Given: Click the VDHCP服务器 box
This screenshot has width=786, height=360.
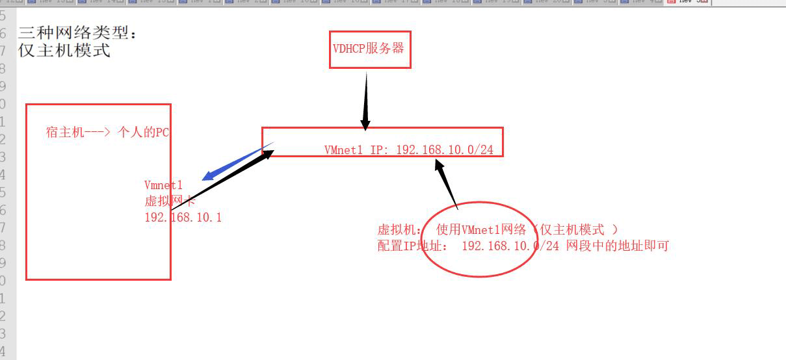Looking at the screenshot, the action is click(x=370, y=49).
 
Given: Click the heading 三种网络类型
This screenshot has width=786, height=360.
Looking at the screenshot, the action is click(x=77, y=32).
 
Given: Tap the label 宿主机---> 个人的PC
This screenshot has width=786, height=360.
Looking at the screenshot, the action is click(x=108, y=132).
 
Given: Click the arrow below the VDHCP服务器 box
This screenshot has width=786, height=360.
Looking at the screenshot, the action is click(x=366, y=101).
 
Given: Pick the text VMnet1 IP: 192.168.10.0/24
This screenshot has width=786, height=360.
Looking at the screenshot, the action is click(x=408, y=150).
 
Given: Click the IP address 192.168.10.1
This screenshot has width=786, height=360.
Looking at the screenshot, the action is click(x=183, y=217).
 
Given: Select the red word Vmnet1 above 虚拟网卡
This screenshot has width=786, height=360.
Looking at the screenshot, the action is click(x=163, y=186).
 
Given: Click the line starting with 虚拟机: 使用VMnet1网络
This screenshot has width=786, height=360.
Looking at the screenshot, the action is click(x=497, y=229).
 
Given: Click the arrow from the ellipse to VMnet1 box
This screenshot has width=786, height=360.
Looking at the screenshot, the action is click(x=447, y=184).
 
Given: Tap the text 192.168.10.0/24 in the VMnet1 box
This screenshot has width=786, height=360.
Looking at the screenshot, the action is click(x=444, y=150).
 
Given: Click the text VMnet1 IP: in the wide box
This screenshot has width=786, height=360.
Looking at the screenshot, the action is click(x=356, y=150).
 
